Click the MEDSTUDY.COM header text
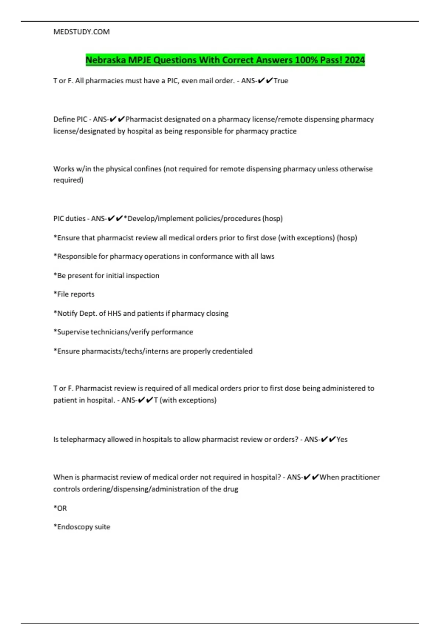coord(81,32)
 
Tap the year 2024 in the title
coord(355,60)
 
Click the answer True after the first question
coord(281,81)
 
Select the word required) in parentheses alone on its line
coord(68,180)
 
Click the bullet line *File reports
coord(74,294)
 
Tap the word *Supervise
coord(71,332)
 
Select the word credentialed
coord(232,351)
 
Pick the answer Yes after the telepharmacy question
coord(342,439)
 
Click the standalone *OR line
coord(60,508)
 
